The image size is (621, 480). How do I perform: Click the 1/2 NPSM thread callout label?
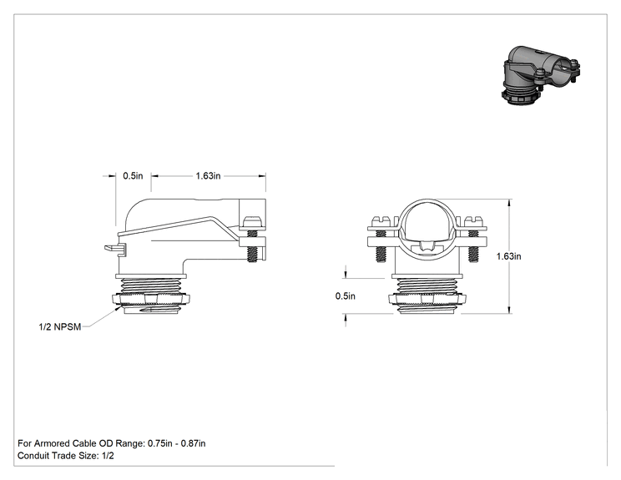[x=60, y=326]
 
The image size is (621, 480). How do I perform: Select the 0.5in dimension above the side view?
[x=133, y=176]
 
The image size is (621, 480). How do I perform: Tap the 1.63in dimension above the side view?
[x=208, y=176]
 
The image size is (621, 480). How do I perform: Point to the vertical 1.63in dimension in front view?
[x=509, y=256]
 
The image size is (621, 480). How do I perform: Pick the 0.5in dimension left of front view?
[x=346, y=296]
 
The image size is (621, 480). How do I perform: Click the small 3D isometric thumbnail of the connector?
[x=541, y=75]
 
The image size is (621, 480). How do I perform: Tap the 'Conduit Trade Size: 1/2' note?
[x=66, y=456]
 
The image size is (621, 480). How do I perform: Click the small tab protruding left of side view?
[x=115, y=249]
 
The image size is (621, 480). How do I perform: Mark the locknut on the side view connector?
[x=151, y=299]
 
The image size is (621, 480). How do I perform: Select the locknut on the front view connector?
[x=427, y=299]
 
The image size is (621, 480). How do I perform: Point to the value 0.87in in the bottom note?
[x=194, y=443]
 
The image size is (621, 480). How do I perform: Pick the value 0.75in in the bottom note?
[x=160, y=443]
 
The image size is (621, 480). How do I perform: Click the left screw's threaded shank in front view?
[x=381, y=255]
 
